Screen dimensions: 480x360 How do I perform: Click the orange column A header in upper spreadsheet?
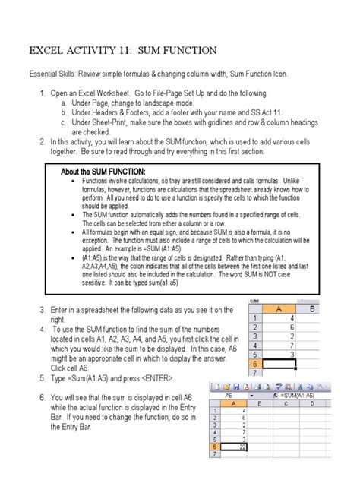pos(291,308)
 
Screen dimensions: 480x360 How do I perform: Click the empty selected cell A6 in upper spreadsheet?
pos(291,364)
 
